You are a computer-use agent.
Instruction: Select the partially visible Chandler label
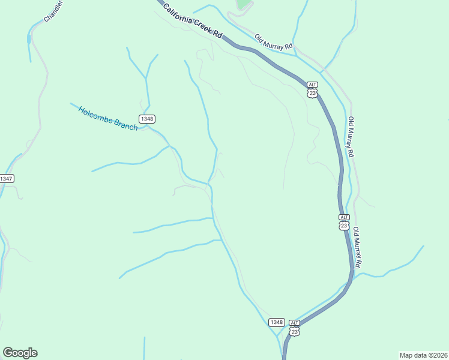click(x=53, y=11)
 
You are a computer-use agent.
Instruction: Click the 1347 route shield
click(x=6, y=179)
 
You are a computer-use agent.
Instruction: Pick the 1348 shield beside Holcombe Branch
click(x=147, y=119)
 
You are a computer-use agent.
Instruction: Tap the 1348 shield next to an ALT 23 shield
click(x=277, y=322)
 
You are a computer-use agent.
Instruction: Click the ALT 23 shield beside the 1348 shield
click(x=294, y=327)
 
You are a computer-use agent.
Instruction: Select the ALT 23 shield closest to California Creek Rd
click(x=312, y=89)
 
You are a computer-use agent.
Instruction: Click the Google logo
click(x=20, y=353)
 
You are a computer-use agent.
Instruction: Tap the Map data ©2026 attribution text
click(x=423, y=355)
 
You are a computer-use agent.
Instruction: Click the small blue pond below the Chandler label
click(x=28, y=40)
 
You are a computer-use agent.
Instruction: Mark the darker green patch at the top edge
click(x=243, y=4)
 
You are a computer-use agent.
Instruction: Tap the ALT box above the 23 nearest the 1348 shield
click(x=294, y=322)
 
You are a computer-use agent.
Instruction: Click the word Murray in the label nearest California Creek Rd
click(x=275, y=43)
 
